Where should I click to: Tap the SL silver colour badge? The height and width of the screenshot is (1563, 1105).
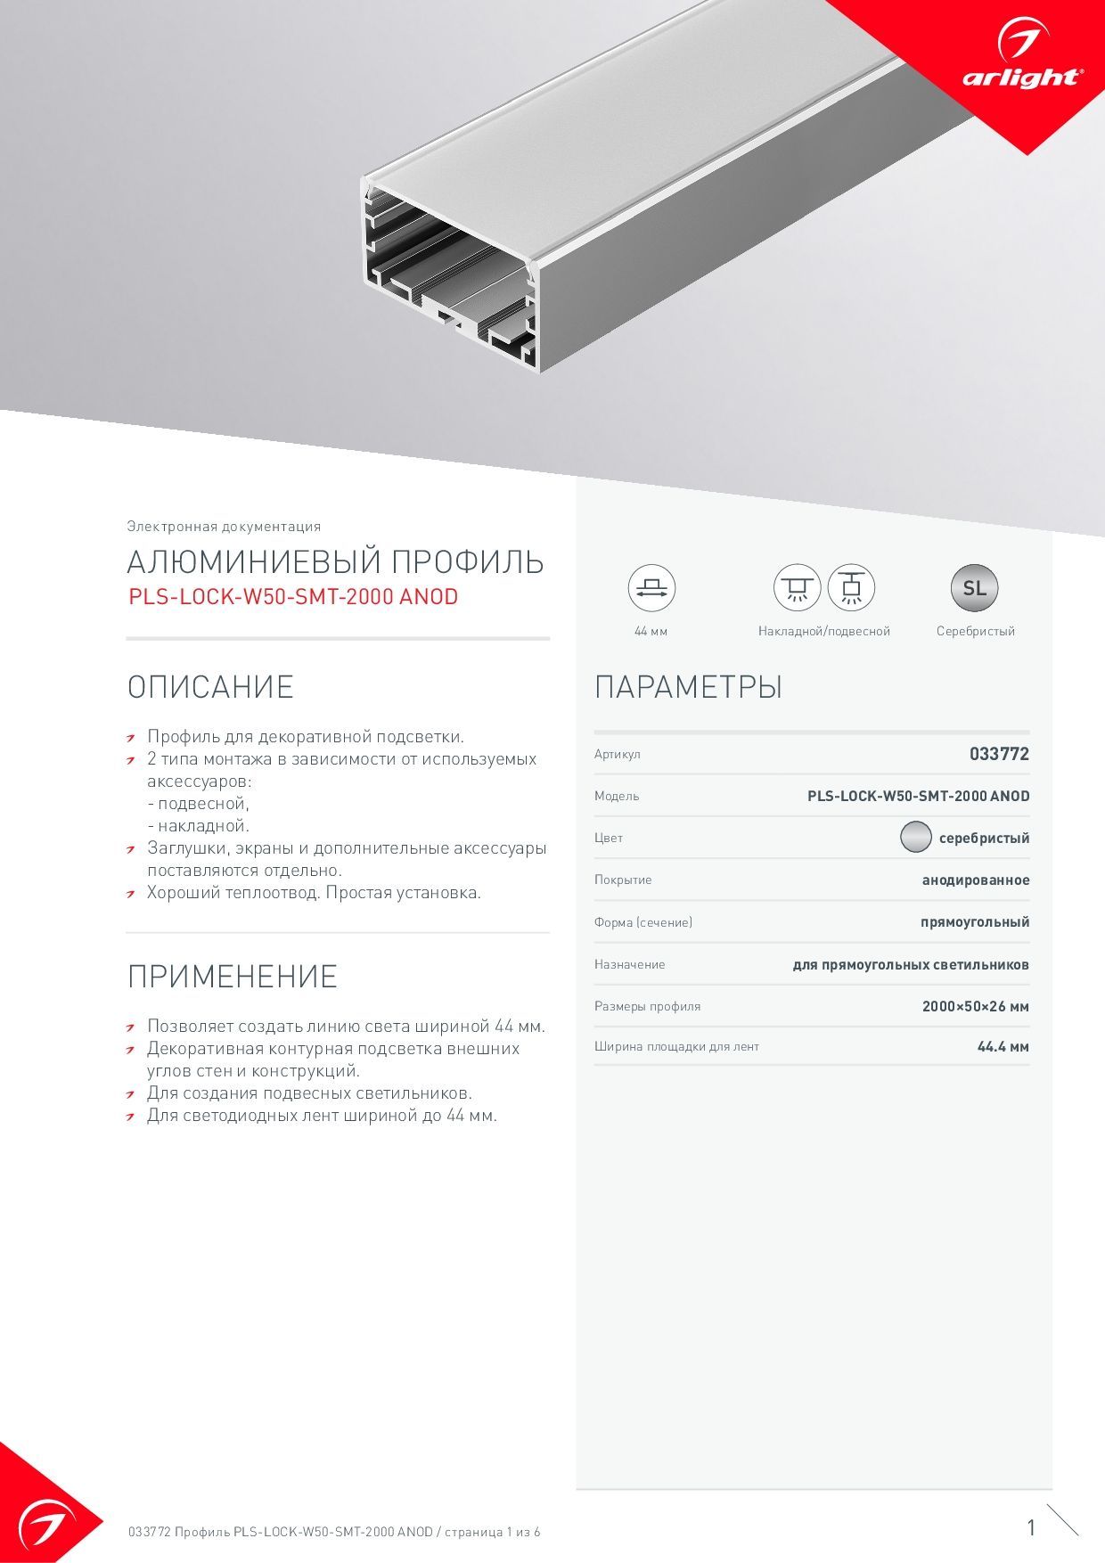tap(975, 588)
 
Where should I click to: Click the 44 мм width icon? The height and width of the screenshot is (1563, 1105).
tap(651, 588)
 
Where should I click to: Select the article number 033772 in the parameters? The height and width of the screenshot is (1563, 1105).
tap(999, 754)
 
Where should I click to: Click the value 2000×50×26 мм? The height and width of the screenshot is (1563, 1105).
tap(975, 1006)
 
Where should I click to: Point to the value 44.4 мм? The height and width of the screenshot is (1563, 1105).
tap(1003, 1047)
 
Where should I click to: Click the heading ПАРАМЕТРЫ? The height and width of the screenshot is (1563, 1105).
tap(688, 687)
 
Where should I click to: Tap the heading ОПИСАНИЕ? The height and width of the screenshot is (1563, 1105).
tap(210, 687)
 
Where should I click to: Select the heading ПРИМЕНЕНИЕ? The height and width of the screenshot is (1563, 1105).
tap(232, 977)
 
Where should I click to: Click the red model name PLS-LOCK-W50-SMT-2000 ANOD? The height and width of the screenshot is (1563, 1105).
tap(293, 597)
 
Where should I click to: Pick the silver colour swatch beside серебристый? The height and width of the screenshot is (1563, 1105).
tap(915, 838)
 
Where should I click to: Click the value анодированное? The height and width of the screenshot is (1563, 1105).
tap(975, 880)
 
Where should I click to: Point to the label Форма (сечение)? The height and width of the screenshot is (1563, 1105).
tap(643, 922)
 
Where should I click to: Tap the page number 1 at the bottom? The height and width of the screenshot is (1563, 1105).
tap(1031, 1527)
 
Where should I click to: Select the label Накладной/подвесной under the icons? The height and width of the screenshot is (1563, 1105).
tap(823, 631)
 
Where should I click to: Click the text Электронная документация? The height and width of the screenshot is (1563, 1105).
tap(224, 527)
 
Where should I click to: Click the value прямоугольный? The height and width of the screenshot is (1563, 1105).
tap(975, 922)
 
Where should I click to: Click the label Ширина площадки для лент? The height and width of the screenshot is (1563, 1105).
tap(676, 1047)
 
